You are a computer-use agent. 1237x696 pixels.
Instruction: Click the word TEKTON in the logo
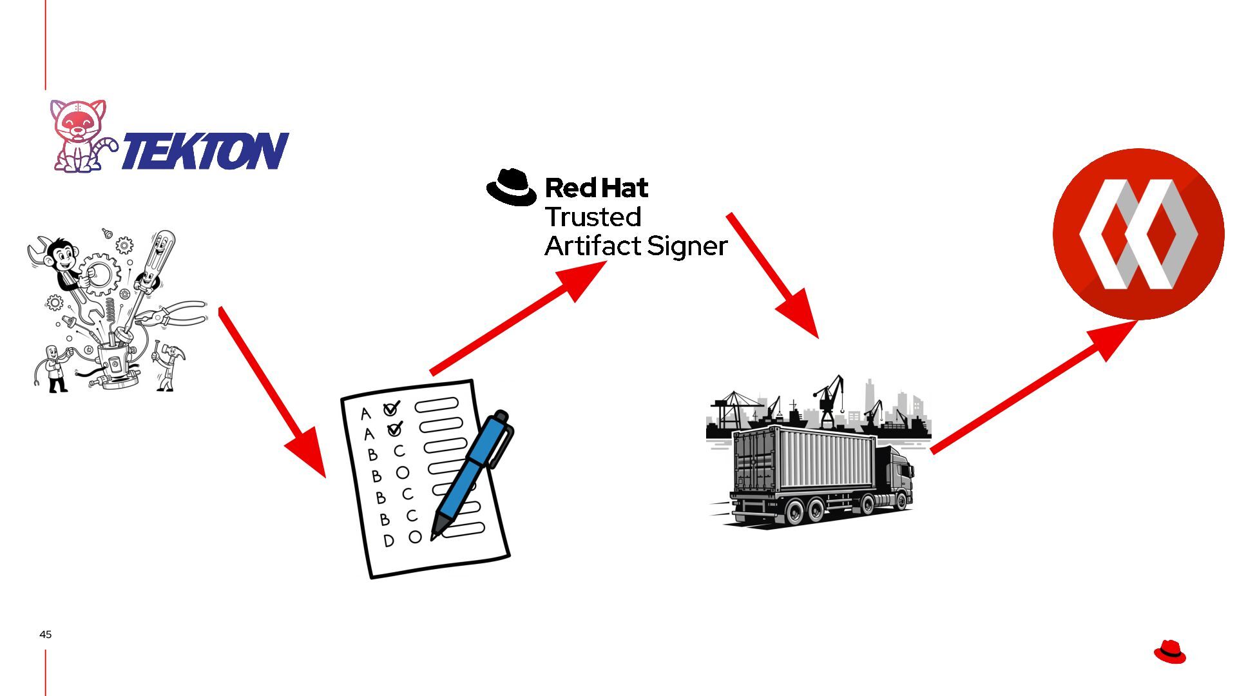tap(205, 151)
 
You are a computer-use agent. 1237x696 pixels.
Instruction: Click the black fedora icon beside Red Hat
tap(512, 188)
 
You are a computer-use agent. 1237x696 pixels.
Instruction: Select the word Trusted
tap(593, 217)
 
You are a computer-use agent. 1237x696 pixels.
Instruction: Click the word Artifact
tap(593, 246)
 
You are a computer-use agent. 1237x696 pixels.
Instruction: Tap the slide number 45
tap(45, 634)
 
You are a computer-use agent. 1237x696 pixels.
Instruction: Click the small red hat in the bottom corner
tap(1169, 652)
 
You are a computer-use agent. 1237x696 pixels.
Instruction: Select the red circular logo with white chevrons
tap(1138, 234)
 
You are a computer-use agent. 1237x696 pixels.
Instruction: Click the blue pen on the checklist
tap(473, 473)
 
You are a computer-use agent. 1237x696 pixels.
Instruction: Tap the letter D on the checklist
tap(388, 541)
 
